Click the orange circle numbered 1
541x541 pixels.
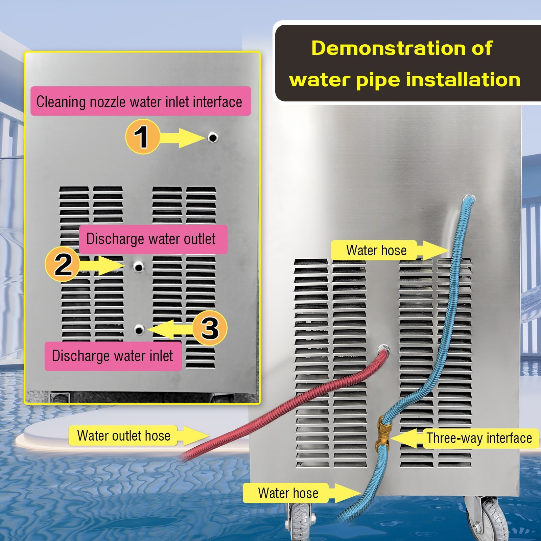point(143,137)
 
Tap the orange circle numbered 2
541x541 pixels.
point(63,264)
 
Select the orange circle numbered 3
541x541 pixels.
point(210,328)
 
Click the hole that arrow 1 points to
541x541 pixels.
point(213,138)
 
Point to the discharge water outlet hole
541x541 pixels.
point(138,267)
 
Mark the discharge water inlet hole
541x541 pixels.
point(139,329)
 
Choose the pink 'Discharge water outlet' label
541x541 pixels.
point(153,239)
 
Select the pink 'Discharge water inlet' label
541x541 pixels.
point(113,356)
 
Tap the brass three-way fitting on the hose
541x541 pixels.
point(383,431)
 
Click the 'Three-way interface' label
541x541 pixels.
point(479,438)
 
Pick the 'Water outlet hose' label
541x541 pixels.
point(123,436)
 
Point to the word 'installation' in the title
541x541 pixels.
point(463,80)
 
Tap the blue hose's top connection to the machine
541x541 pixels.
point(468,200)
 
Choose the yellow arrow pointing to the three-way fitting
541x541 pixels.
point(406,439)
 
